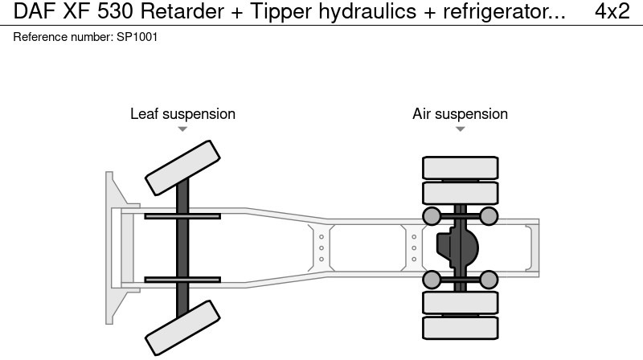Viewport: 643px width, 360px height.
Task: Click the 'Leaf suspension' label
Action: (182, 114)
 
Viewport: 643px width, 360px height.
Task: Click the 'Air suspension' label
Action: (460, 114)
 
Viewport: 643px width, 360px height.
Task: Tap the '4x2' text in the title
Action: (612, 12)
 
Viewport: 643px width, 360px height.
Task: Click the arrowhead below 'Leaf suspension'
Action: (182, 129)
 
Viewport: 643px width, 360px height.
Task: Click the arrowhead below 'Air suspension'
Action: (460, 129)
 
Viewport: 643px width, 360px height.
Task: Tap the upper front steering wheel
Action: (182, 163)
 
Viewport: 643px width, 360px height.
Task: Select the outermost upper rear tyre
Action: (460, 168)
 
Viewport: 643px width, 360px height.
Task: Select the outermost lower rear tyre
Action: (460, 326)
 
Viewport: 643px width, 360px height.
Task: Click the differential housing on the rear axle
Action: (457, 247)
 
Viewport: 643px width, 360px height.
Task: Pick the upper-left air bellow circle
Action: (432, 215)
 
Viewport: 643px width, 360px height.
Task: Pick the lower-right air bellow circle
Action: (489, 280)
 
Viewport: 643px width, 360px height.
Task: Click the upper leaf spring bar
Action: (182, 215)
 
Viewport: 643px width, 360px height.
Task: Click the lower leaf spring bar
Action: (182, 280)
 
